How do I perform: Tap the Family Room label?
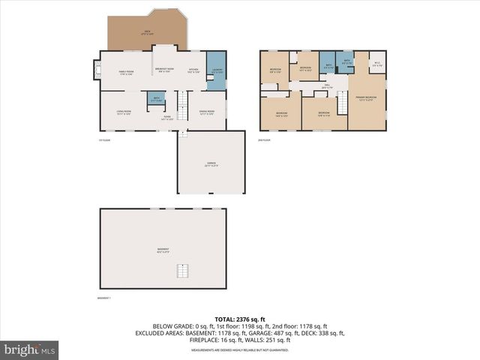coord(125,73)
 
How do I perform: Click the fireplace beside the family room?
coord(95,70)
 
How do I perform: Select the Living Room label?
coord(123,112)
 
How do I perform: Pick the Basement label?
coord(163,250)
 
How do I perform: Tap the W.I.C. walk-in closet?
coord(377,65)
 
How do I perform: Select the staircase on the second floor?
coord(341,103)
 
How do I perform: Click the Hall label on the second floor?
coord(327,85)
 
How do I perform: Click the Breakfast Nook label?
coord(164,69)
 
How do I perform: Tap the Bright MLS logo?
coord(30,349)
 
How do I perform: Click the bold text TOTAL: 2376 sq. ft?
coord(239,318)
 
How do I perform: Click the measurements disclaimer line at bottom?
coord(239,350)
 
